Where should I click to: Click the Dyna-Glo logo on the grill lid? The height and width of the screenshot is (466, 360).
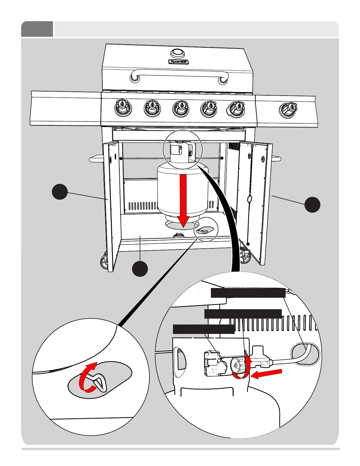pyautogui.click(x=179, y=62)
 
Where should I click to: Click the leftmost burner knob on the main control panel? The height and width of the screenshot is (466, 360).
pyautogui.click(x=123, y=108)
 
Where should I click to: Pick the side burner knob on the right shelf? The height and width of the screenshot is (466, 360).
pyautogui.click(x=288, y=110)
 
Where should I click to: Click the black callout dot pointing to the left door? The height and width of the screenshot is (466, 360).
pyautogui.click(x=60, y=192)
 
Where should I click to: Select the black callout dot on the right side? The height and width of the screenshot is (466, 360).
pyautogui.click(x=312, y=204)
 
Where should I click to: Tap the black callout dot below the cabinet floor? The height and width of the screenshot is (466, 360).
pyautogui.click(x=140, y=269)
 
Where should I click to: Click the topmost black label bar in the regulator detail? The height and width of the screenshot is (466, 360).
pyautogui.click(x=248, y=293)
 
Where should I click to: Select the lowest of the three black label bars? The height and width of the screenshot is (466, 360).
pyautogui.click(x=204, y=329)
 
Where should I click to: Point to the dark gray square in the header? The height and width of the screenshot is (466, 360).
pyautogui.click(x=37, y=29)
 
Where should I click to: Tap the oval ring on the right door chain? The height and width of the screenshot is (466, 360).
pyautogui.click(x=249, y=200)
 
